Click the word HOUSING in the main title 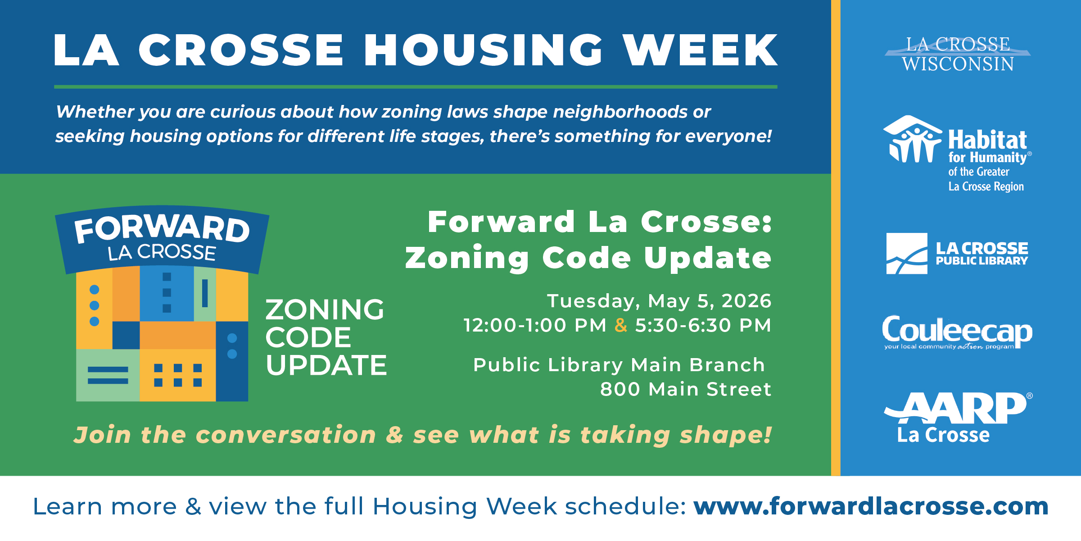tap(483, 50)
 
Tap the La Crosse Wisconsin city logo tap(958, 54)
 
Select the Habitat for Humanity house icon tap(912, 139)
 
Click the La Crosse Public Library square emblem tap(907, 254)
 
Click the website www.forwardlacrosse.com tap(871, 506)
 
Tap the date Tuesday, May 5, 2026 tap(659, 301)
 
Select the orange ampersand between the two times tap(621, 325)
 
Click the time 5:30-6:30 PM tap(703, 325)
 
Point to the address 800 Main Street tap(686, 389)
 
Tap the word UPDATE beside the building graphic tap(326, 365)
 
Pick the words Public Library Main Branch tap(619, 365)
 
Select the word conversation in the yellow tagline tap(286, 435)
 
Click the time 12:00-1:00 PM tap(535, 325)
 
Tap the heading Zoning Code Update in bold tap(588, 258)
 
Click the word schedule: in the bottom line tap(626, 506)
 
